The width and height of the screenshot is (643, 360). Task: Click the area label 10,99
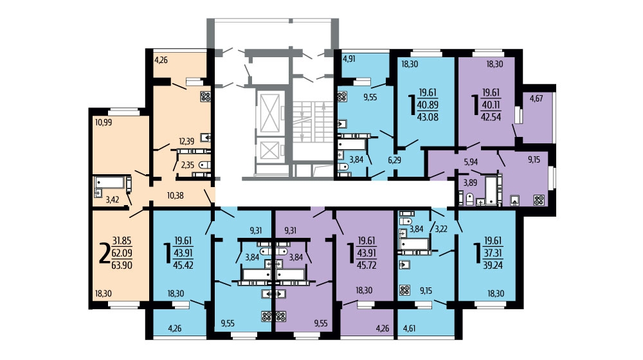[x=104, y=122]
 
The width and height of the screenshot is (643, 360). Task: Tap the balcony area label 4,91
[x=349, y=59]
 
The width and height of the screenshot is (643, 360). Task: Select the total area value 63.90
[x=122, y=265]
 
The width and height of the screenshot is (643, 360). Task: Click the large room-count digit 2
[x=105, y=253]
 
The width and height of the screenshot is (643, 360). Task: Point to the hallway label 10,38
[x=175, y=195]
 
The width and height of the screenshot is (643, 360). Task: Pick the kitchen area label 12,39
[x=186, y=141]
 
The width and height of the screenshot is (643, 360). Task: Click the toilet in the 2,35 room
[x=204, y=165]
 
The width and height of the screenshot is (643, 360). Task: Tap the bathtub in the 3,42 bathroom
[x=110, y=182]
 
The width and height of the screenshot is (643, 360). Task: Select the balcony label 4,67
[x=536, y=98]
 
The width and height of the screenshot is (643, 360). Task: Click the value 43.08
[x=428, y=117]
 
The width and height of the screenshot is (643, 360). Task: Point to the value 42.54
[x=491, y=117]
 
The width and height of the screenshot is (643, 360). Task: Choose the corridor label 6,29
[x=394, y=160]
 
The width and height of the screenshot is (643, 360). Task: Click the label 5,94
[x=471, y=162]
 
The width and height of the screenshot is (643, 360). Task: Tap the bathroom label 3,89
[x=471, y=183]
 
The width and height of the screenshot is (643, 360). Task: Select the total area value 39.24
[x=493, y=265]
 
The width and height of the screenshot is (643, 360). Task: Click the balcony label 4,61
[x=410, y=328]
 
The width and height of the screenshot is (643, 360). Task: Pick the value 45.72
[x=367, y=265]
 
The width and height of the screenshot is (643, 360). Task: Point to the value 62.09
[x=122, y=253]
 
